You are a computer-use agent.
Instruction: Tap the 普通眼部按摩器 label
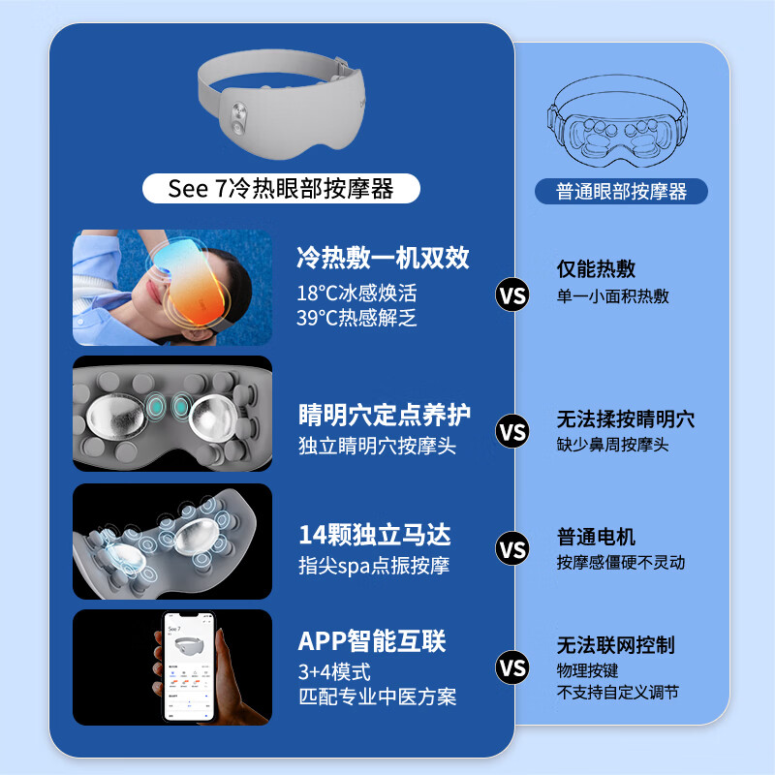[621, 191]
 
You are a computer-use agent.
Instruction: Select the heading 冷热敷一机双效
[383, 258]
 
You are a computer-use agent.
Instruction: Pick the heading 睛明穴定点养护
[385, 415]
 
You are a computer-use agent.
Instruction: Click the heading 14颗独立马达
[374, 535]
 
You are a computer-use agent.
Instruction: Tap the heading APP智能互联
[372, 641]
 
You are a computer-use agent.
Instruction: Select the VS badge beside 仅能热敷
[512, 294]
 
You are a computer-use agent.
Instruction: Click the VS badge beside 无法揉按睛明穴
[512, 430]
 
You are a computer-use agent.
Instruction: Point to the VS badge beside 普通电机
[512, 548]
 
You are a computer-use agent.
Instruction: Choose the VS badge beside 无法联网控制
[512, 667]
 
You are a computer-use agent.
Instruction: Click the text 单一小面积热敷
[612, 296]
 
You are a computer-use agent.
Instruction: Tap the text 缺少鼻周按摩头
[612, 445]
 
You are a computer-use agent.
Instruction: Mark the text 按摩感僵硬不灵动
[620, 563]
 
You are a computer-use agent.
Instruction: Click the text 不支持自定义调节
[617, 692]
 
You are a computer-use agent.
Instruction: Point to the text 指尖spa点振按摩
[373, 566]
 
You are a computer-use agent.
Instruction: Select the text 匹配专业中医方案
[378, 697]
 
